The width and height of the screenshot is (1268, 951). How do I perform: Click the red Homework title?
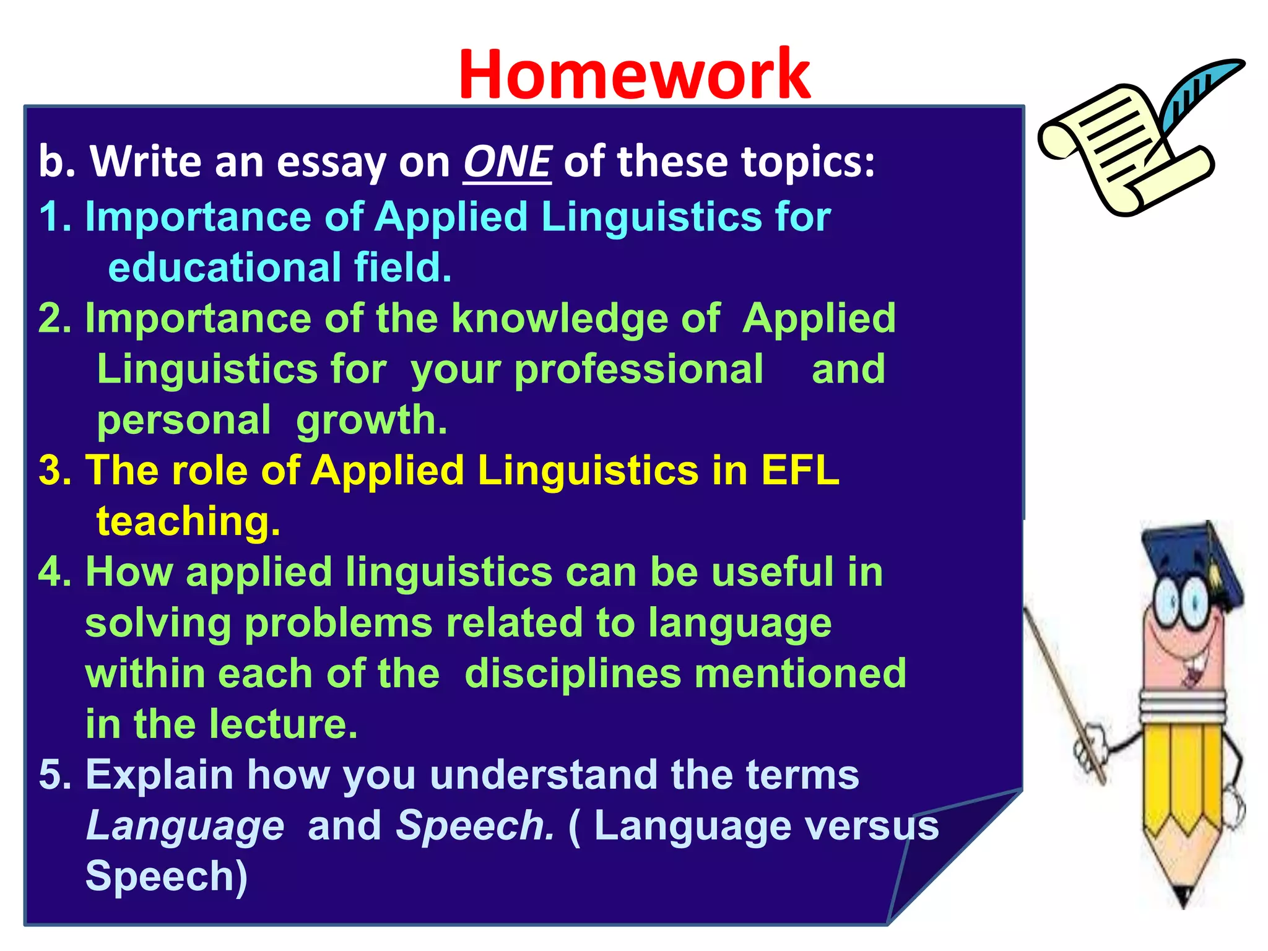(x=634, y=74)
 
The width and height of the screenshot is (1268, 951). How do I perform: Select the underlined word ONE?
(x=507, y=162)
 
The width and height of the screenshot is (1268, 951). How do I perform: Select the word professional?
(x=639, y=370)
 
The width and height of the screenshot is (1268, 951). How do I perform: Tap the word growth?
(x=371, y=421)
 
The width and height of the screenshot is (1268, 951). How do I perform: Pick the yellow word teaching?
(x=188, y=522)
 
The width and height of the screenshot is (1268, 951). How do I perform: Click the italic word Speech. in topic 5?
(x=475, y=826)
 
